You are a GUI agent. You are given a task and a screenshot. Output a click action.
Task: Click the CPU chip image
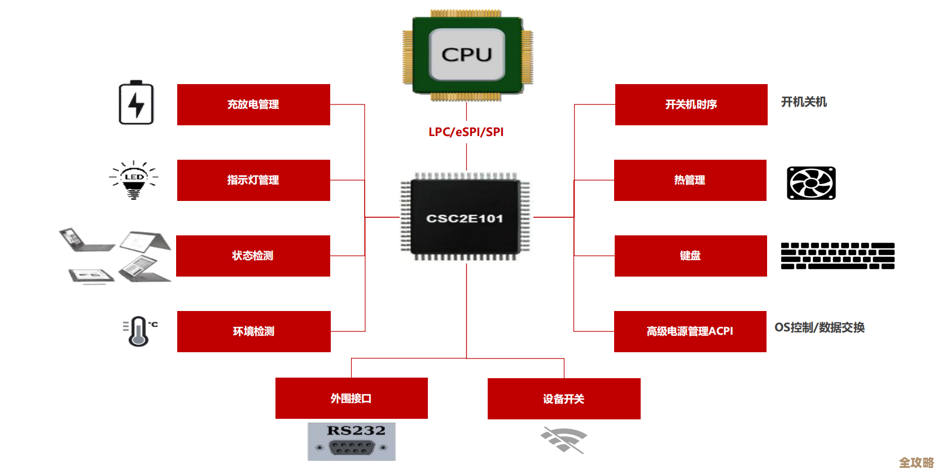[467, 55]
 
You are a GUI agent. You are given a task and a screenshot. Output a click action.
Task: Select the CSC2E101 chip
[465, 218]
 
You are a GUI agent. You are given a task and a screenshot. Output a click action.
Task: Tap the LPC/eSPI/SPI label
[466, 132]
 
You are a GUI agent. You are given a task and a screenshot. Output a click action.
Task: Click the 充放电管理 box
[253, 104]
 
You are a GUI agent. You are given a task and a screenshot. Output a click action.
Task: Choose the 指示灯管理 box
[253, 180]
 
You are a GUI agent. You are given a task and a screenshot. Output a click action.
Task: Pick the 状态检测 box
[253, 256]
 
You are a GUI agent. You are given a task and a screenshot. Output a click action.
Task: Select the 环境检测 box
[253, 331]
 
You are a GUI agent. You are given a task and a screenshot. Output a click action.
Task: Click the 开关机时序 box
[691, 104]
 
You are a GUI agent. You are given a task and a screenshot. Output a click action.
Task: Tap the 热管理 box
[690, 180]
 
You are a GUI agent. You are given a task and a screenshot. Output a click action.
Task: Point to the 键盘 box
[690, 256]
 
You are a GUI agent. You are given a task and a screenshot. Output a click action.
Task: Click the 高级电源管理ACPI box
[690, 331]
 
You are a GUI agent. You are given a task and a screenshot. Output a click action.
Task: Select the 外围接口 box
[351, 398]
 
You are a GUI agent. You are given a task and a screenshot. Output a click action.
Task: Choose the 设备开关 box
[563, 398]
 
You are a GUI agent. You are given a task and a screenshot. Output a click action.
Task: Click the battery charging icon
[136, 103]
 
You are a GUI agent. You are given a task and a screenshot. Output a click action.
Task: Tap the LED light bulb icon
[134, 180]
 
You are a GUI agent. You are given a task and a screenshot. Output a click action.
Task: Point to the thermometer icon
[139, 331]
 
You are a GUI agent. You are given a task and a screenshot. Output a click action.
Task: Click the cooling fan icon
[811, 183]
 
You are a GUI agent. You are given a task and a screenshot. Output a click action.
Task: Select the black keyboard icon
[838, 256]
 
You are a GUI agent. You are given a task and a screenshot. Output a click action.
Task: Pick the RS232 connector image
[351, 441]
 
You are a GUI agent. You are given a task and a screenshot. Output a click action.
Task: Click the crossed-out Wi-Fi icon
[563, 440]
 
